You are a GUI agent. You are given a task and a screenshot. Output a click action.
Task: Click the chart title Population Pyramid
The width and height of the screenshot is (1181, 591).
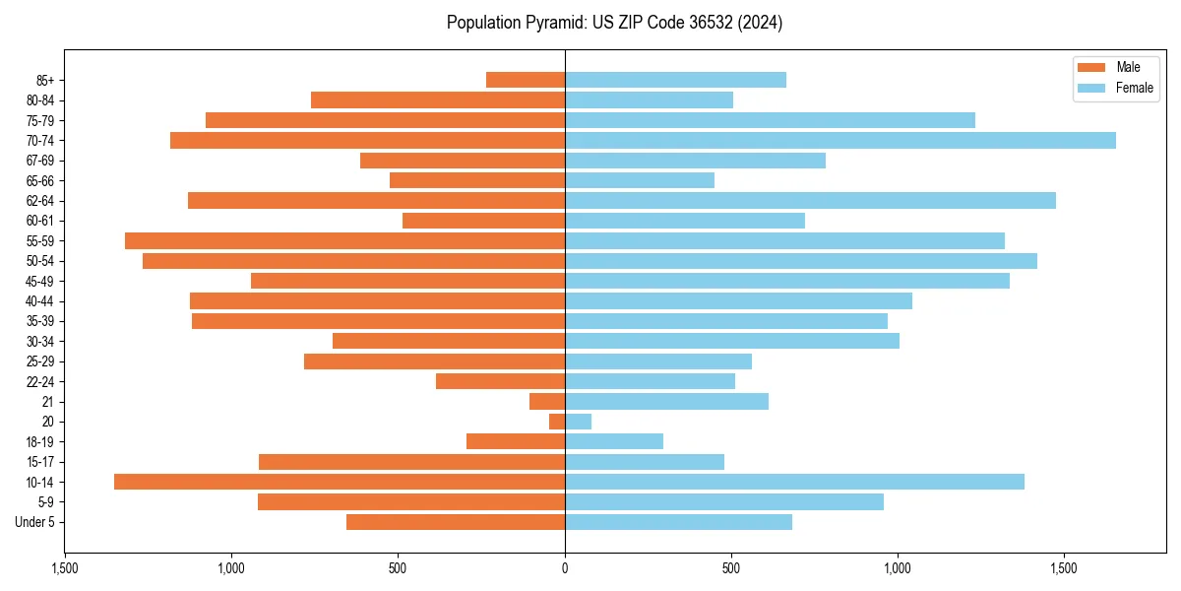[614, 23]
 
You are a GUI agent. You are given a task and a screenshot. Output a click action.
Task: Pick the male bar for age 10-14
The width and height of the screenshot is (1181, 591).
[340, 482]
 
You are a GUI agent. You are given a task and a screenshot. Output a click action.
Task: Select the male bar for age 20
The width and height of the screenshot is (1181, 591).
[557, 422]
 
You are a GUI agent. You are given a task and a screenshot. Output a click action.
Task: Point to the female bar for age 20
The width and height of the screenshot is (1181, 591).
[578, 422]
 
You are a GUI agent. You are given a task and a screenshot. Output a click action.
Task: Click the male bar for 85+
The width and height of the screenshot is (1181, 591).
[526, 80]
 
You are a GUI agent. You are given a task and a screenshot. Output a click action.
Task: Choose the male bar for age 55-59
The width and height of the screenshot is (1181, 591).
[344, 241]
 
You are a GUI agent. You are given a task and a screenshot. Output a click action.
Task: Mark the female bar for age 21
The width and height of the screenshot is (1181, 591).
[666, 402]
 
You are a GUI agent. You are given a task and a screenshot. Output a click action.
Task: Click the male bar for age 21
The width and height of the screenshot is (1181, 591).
[547, 402]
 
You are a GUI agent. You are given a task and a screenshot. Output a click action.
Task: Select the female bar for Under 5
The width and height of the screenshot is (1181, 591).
[678, 522]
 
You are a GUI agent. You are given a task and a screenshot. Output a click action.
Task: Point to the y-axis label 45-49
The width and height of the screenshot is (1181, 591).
[38, 282]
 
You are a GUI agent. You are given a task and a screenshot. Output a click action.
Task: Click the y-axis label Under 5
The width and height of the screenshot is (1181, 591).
[35, 522]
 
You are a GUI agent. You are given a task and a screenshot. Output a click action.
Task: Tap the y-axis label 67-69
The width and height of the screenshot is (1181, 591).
[38, 161]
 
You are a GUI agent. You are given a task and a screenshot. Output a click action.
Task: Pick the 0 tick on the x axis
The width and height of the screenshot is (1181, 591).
[565, 568]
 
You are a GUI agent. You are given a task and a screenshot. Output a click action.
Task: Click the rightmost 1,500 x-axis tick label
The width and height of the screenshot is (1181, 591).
[1064, 568]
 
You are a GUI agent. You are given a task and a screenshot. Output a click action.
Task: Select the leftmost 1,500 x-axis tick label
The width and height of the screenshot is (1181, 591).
[65, 568]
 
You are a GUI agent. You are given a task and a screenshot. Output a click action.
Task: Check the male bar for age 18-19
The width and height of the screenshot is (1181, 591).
[516, 441]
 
